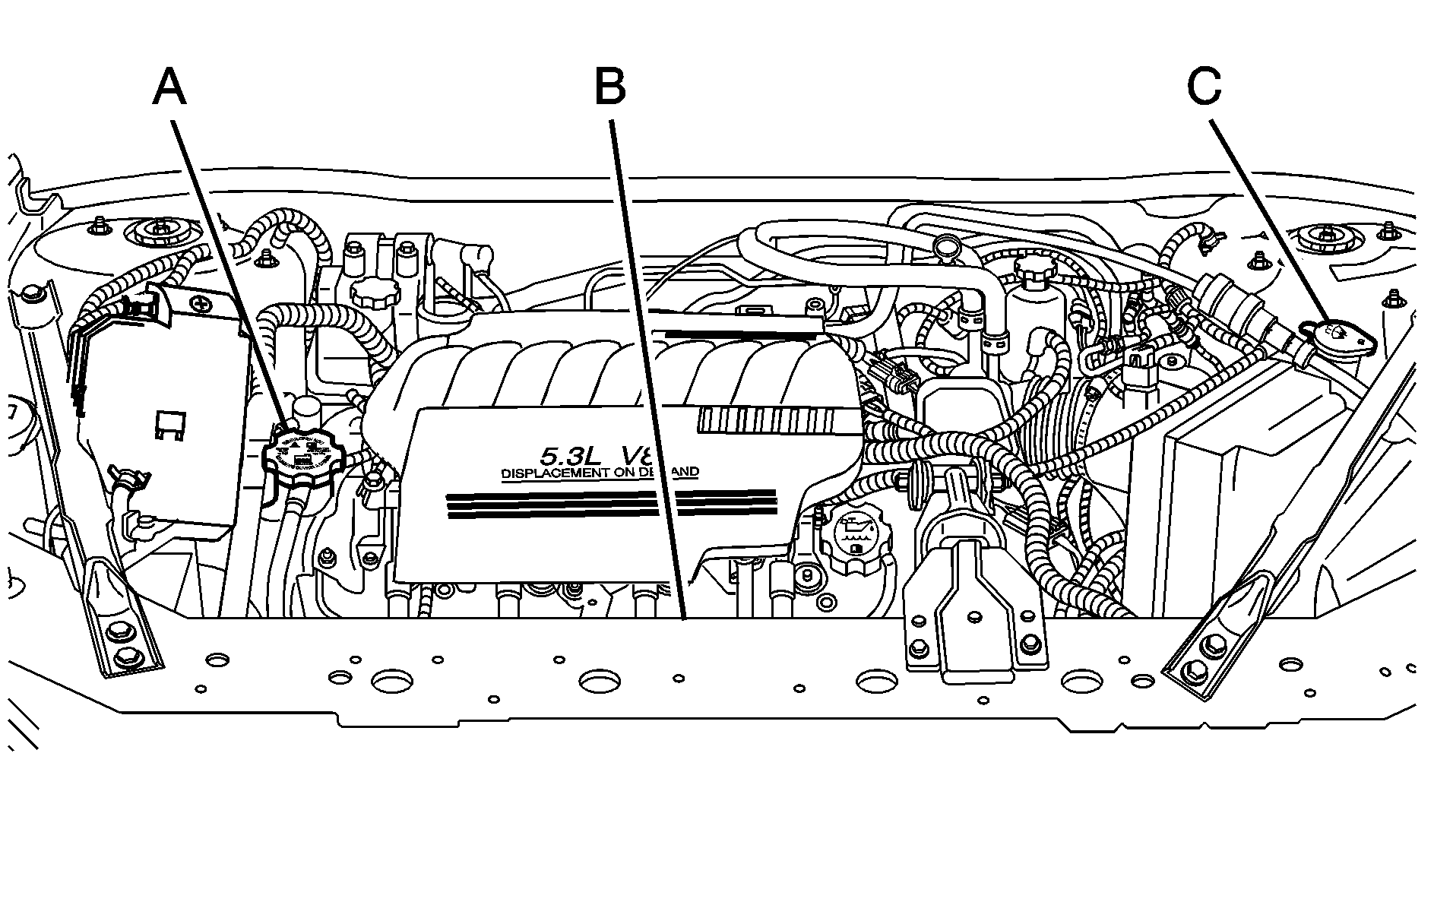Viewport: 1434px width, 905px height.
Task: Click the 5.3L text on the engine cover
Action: tap(567, 456)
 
